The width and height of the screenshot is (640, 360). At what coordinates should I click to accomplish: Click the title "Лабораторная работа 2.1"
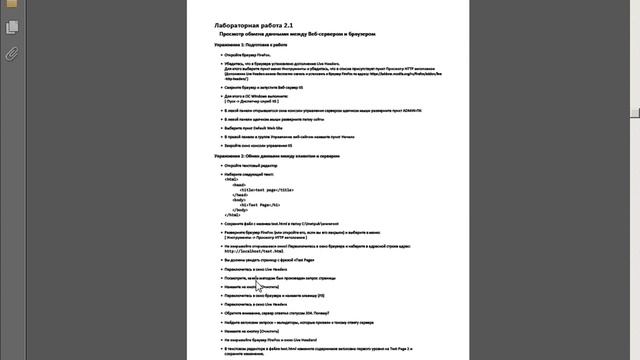(x=249, y=23)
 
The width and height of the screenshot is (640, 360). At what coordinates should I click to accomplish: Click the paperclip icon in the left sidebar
(x=11, y=53)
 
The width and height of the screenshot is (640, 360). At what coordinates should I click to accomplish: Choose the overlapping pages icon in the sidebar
(x=11, y=33)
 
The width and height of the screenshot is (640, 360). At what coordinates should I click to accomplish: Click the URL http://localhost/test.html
(x=262, y=250)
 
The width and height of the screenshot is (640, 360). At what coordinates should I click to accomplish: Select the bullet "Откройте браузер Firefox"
(x=250, y=55)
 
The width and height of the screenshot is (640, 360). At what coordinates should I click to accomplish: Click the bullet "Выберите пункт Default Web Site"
(x=263, y=128)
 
